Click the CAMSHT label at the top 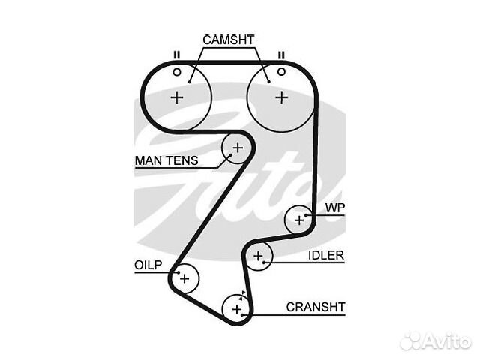click(x=228, y=40)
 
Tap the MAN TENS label click(x=166, y=160)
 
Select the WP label click(x=335, y=208)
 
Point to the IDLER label click(x=326, y=255)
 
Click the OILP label click(x=148, y=265)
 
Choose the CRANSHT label click(x=316, y=307)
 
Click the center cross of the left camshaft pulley click(x=177, y=98)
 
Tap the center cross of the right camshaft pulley click(x=282, y=98)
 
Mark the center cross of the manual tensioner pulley click(x=238, y=148)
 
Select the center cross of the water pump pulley click(x=299, y=220)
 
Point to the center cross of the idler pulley click(x=258, y=256)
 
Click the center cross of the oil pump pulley click(x=184, y=278)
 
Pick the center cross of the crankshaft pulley click(x=237, y=309)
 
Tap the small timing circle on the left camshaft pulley click(x=177, y=72)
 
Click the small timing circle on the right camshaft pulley click(x=282, y=72)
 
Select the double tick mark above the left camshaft click(x=177, y=55)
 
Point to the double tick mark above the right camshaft click(x=281, y=55)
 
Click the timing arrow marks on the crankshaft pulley click(x=242, y=295)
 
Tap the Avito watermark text click(x=448, y=340)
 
